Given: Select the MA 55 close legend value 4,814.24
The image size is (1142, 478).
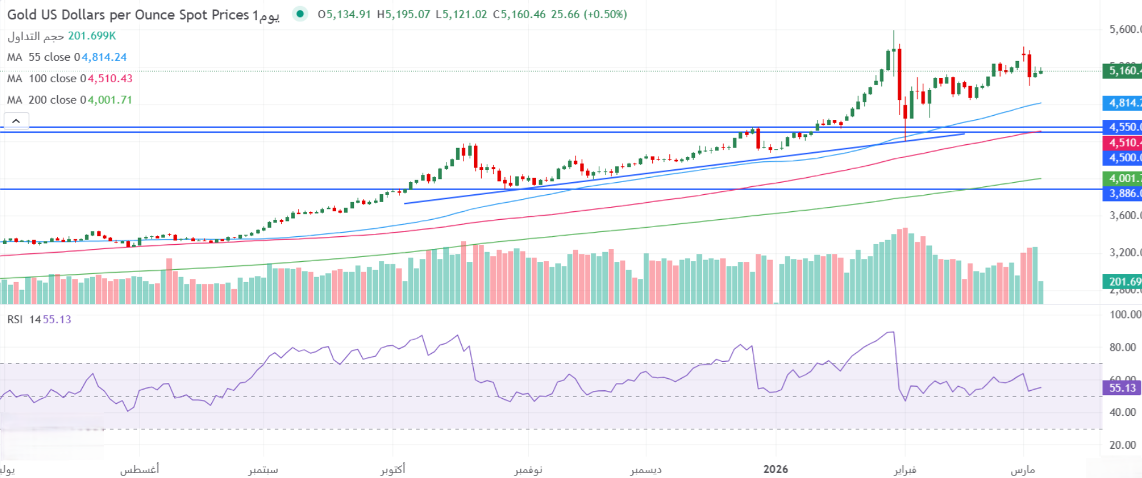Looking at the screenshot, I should point(104,57).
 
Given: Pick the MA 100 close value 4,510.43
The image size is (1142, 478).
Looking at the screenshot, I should point(110,79).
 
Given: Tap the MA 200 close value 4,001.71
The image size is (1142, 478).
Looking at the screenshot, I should point(110,100).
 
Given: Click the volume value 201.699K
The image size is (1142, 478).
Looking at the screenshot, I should point(92,36).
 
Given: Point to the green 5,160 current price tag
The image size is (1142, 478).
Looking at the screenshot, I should point(1123,71).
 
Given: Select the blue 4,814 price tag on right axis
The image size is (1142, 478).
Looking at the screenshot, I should point(1123,103).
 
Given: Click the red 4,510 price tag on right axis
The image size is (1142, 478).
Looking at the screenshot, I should point(1123,143).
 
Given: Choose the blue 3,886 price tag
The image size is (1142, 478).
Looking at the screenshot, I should point(1123,194).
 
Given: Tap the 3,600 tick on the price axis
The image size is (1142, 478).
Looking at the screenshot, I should point(1124,216).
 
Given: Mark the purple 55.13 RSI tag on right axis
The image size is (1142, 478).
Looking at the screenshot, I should point(1121,388).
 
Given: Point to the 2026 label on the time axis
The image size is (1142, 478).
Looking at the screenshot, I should point(775,469).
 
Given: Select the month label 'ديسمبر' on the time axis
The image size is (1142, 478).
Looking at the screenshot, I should point(646,469).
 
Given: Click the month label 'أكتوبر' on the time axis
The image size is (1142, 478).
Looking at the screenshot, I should point(393,469).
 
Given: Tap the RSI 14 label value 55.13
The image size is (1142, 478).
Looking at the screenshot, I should point(57,320).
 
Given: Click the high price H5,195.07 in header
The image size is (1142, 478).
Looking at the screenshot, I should point(403,14).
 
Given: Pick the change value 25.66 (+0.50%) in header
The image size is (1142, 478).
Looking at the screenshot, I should point(588,14).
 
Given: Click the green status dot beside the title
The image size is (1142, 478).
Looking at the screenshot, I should point(300,14).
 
